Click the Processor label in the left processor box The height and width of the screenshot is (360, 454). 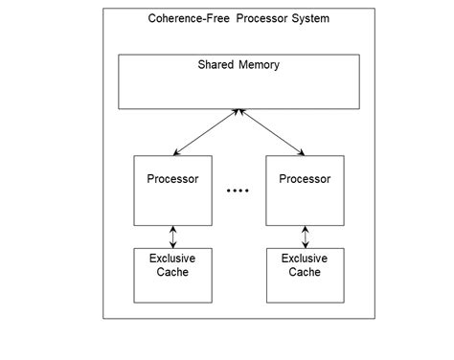[x=172, y=179]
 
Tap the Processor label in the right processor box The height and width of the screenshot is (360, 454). [x=305, y=179]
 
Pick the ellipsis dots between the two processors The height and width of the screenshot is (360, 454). [x=238, y=191]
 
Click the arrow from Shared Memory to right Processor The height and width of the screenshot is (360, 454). [x=272, y=132]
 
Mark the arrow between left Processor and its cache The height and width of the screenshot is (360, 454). [x=172, y=236]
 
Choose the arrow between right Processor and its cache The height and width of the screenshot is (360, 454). [x=305, y=236]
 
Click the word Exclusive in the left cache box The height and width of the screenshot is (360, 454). [x=172, y=259]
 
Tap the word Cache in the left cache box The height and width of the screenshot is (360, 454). [x=172, y=272]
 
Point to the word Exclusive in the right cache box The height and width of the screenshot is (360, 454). [x=305, y=259]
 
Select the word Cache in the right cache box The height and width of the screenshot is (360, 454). [x=305, y=272]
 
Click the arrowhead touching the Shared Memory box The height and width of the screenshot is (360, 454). [x=238, y=113]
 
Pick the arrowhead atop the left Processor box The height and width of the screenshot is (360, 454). [x=175, y=151]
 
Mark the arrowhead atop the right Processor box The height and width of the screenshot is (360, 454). [x=302, y=151]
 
